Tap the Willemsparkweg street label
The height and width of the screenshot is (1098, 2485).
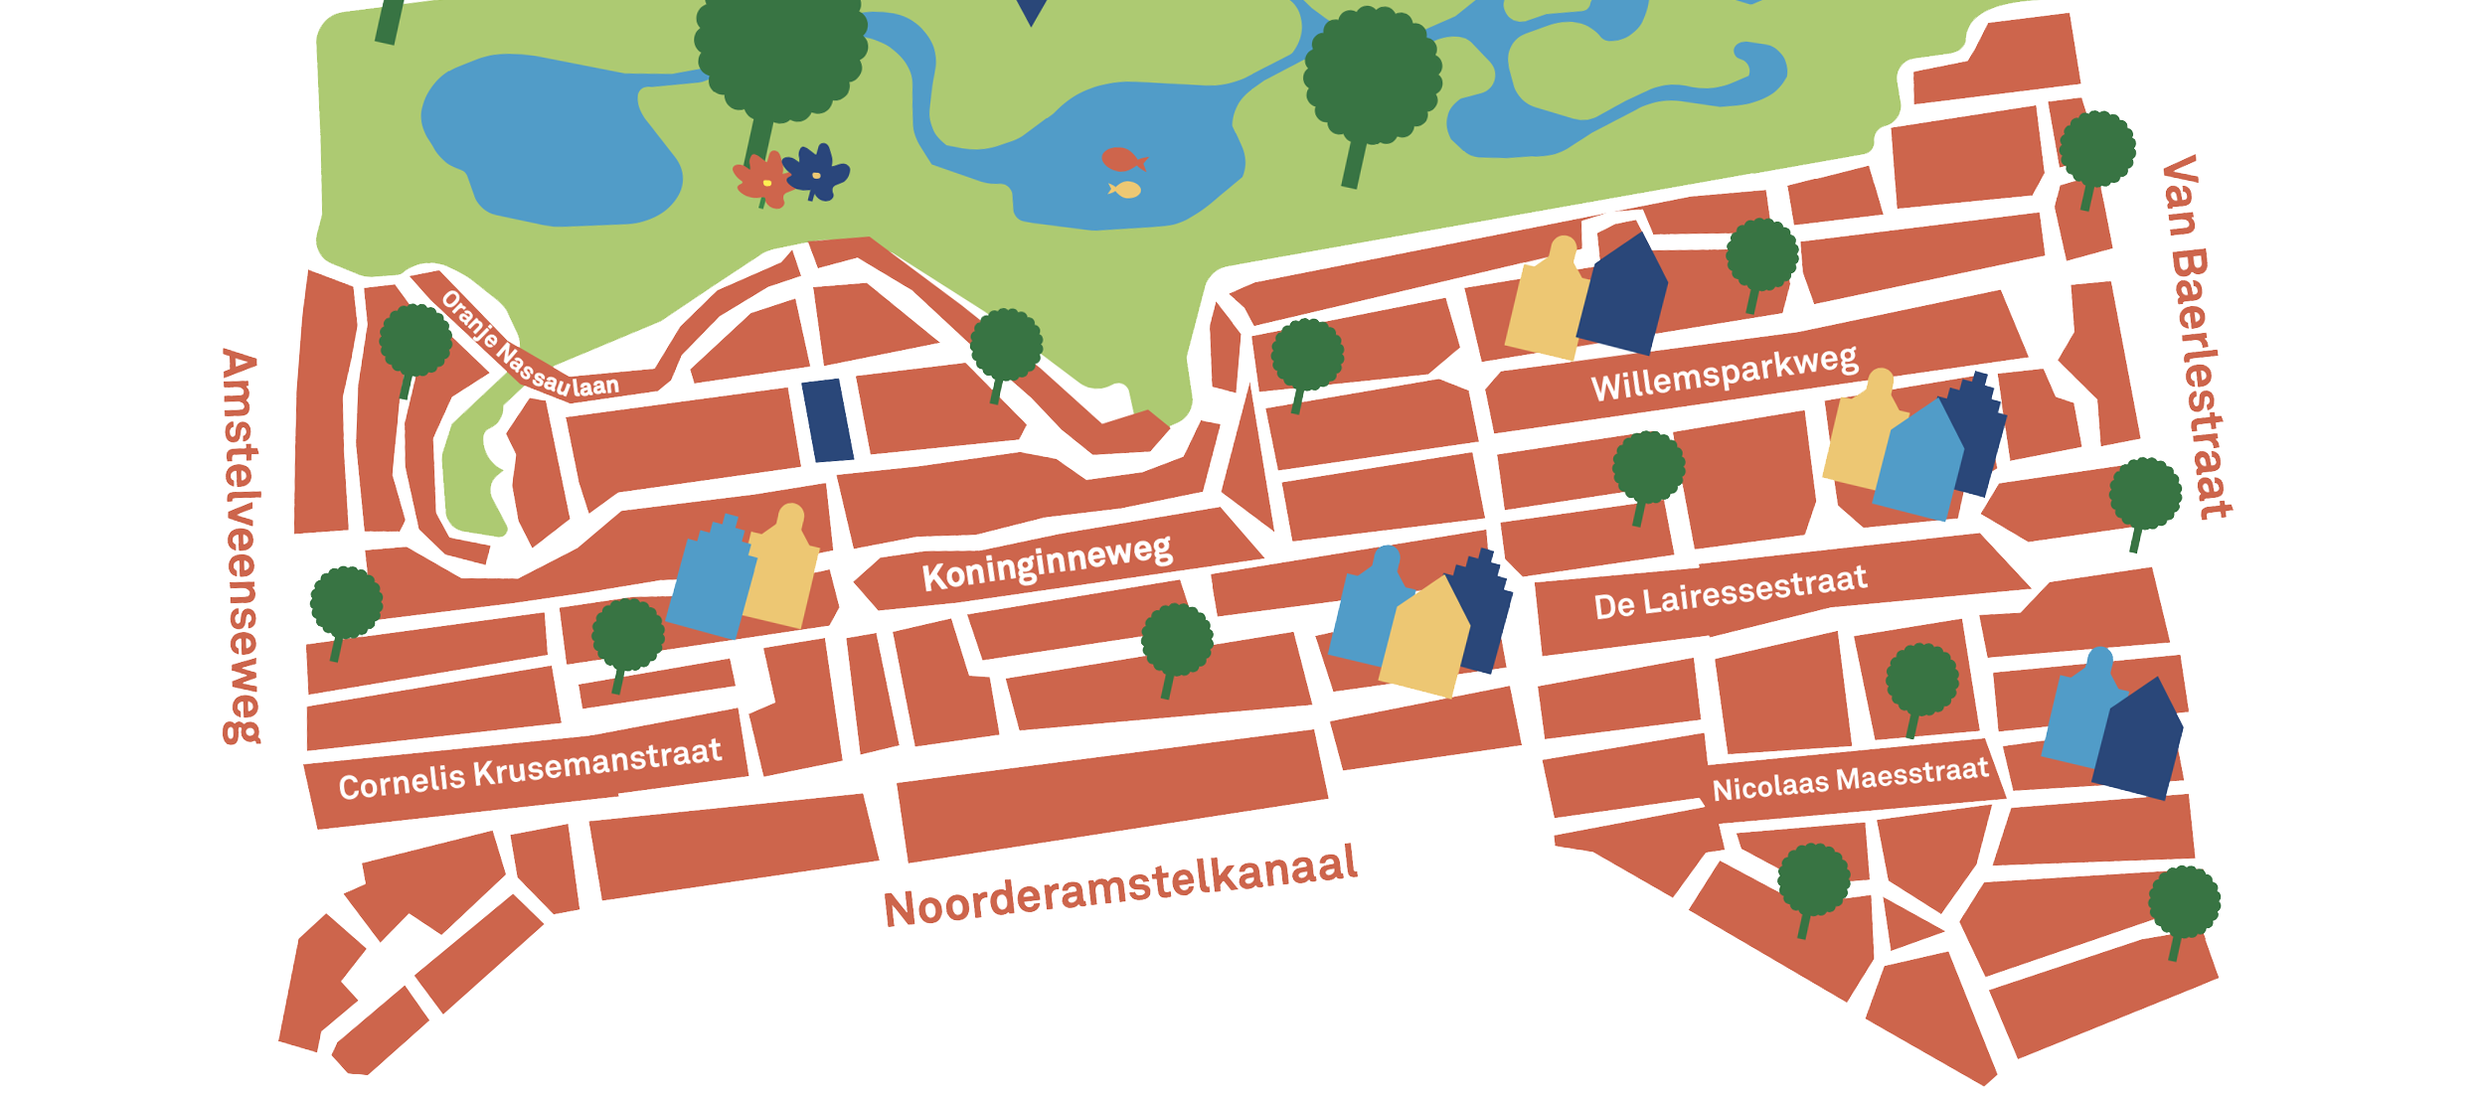click(1724, 374)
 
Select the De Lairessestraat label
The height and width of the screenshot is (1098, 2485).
click(1730, 593)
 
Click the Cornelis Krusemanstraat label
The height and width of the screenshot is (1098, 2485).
click(530, 769)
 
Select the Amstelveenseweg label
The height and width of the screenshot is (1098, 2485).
click(242, 546)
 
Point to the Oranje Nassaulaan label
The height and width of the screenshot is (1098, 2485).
click(529, 345)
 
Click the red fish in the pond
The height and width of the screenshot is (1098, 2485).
click(1121, 159)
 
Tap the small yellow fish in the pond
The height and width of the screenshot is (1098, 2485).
click(1126, 189)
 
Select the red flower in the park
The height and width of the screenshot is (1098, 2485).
click(761, 180)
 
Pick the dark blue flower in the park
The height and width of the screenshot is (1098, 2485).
click(817, 171)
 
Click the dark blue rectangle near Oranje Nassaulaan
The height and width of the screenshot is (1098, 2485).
click(827, 420)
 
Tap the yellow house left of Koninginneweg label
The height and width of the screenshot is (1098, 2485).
click(783, 571)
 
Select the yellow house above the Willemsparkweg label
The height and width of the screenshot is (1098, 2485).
click(1547, 301)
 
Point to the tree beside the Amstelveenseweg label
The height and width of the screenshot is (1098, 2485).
click(345, 605)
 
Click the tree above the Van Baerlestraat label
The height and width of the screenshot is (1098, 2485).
click(2096, 152)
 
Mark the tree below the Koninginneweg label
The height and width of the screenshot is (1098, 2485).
click(1176, 643)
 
